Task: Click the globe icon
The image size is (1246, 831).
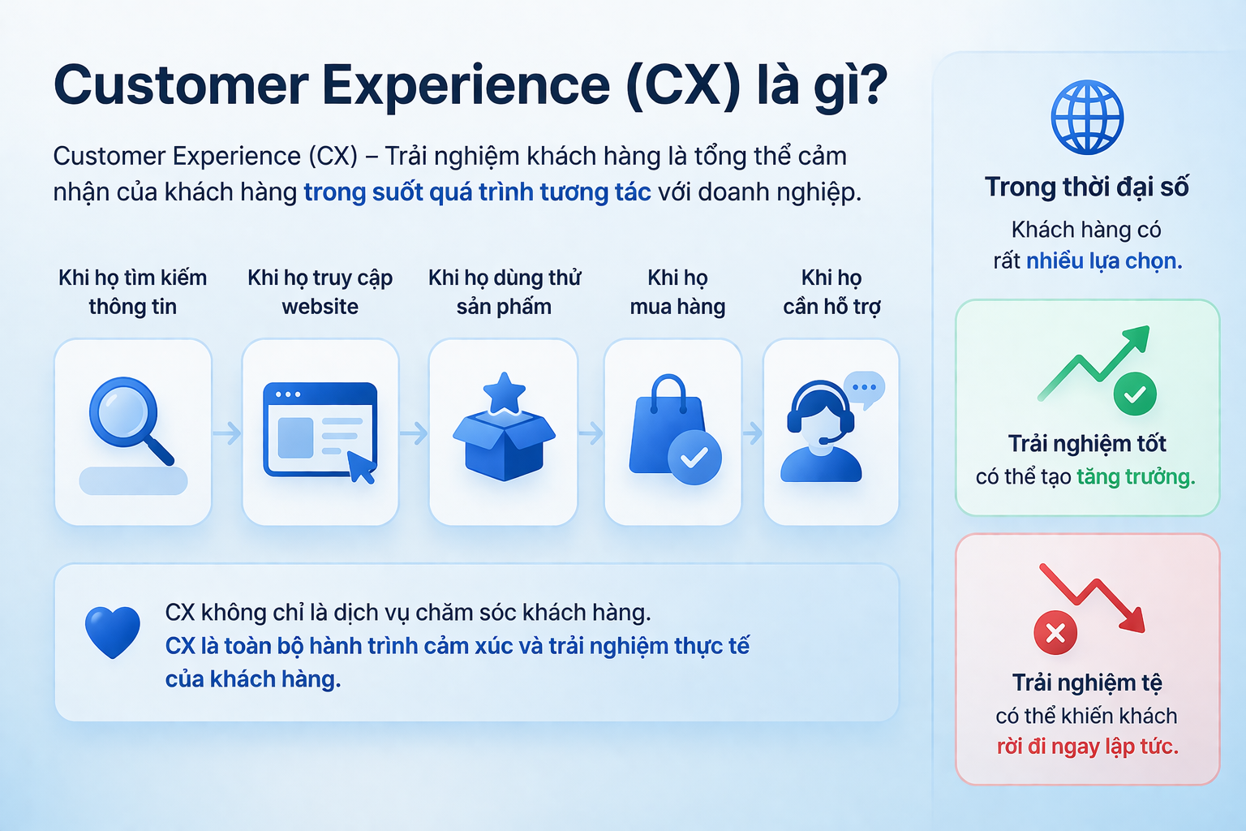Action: [x=1087, y=118]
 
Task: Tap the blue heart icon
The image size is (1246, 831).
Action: [x=113, y=632]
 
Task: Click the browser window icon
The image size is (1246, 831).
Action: [x=320, y=429]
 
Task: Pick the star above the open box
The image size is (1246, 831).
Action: [x=505, y=393]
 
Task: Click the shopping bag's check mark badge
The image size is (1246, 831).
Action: [x=694, y=458]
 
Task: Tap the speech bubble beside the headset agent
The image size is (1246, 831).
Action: [x=865, y=389]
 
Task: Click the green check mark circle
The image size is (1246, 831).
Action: [x=1135, y=394]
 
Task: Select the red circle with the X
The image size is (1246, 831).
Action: [x=1055, y=633]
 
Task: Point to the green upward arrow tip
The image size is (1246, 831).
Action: [x=1148, y=328]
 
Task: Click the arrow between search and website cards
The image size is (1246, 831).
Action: [x=227, y=433]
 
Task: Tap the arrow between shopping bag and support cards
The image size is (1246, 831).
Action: [x=753, y=433]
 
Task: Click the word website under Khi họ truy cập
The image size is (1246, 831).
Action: [x=320, y=307]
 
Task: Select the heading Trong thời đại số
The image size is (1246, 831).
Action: [x=1087, y=187]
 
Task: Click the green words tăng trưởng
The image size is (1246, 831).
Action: [x=1136, y=477]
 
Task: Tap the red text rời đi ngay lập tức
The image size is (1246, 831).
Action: [x=1088, y=747]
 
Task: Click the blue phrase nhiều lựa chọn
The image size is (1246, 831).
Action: [x=1104, y=261]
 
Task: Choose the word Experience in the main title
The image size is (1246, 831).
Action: [x=466, y=87]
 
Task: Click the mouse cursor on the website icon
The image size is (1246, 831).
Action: [x=362, y=467]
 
